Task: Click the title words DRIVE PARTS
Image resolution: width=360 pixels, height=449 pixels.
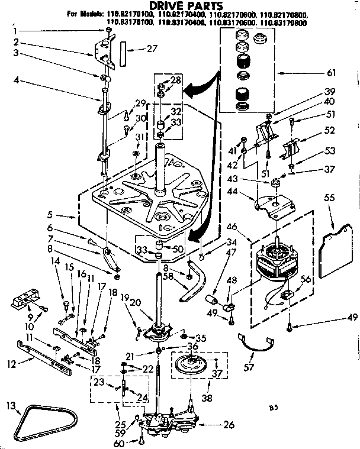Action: [178, 5]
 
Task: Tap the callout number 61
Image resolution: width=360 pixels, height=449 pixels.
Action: [331, 73]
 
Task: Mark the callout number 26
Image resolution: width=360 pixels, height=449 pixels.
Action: [229, 425]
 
